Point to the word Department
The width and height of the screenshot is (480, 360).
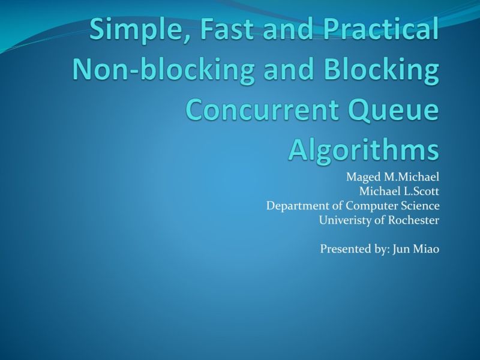coord(294,206)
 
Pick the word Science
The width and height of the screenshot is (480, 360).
coord(420,206)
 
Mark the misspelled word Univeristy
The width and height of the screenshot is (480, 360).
coord(343,220)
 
